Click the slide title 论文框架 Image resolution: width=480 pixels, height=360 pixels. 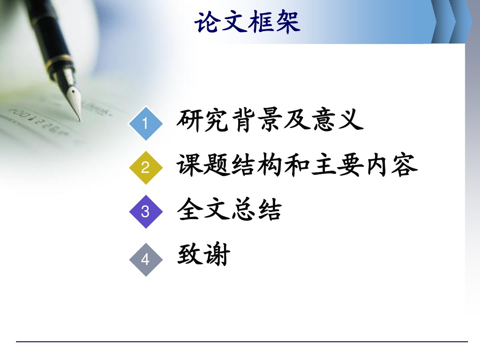(x=248, y=22)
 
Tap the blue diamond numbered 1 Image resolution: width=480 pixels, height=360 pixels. (x=146, y=124)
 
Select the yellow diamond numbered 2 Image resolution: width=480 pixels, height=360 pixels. (x=146, y=168)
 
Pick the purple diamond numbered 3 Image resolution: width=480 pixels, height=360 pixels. (x=146, y=212)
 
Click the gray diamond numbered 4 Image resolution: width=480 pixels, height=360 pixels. (x=146, y=260)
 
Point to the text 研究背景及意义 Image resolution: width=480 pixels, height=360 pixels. (x=270, y=120)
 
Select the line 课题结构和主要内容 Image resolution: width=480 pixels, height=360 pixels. (x=297, y=165)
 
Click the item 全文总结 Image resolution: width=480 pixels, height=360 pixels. (x=229, y=209)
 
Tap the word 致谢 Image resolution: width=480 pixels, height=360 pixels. (x=204, y=255)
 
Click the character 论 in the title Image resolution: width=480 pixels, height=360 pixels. (x=207, y=22)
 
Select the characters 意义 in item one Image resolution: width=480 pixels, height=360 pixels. (x=337, y=120)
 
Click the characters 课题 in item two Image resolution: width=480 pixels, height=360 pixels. (x=203, y=165)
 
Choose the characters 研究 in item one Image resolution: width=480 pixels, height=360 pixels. (x=203, y=120)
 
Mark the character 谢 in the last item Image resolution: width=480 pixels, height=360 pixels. (x=217, y=255)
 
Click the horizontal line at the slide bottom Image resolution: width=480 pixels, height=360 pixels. (x=242, y=341)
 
